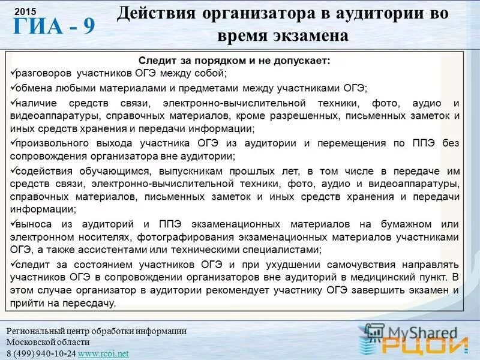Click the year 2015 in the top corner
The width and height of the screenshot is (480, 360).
(x=21, y=12)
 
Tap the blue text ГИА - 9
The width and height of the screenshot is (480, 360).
(x=54, y=28)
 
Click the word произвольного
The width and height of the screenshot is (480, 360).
(x=53, y=143)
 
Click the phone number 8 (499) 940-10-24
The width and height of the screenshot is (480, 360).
(x=41, y=353)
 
